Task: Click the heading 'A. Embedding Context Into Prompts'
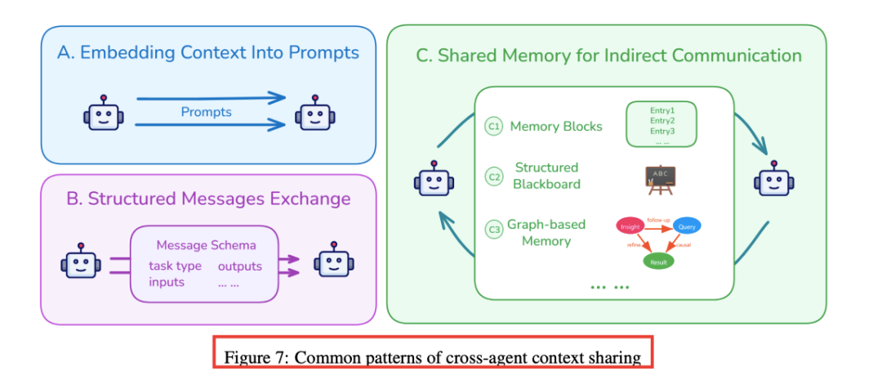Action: pos(208,53)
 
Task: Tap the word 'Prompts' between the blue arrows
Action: pos(207,112)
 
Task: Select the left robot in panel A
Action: pos(103,114)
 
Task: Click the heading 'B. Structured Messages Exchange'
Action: pos(208,199)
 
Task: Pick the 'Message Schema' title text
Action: pos(206,245)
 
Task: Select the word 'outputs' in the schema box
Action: pos(239,266)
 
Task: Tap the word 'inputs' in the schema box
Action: pos(167,282)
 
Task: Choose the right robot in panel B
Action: pos(336,262)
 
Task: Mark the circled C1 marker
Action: pos(493,127)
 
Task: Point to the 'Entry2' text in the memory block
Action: pos(662,119)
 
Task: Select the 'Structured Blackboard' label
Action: pos(546,176)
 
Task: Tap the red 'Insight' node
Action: pos(630,226)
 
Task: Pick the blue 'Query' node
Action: pos(688,226)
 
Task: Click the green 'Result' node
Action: pos(658,262)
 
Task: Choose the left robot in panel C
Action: pos(434,180)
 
